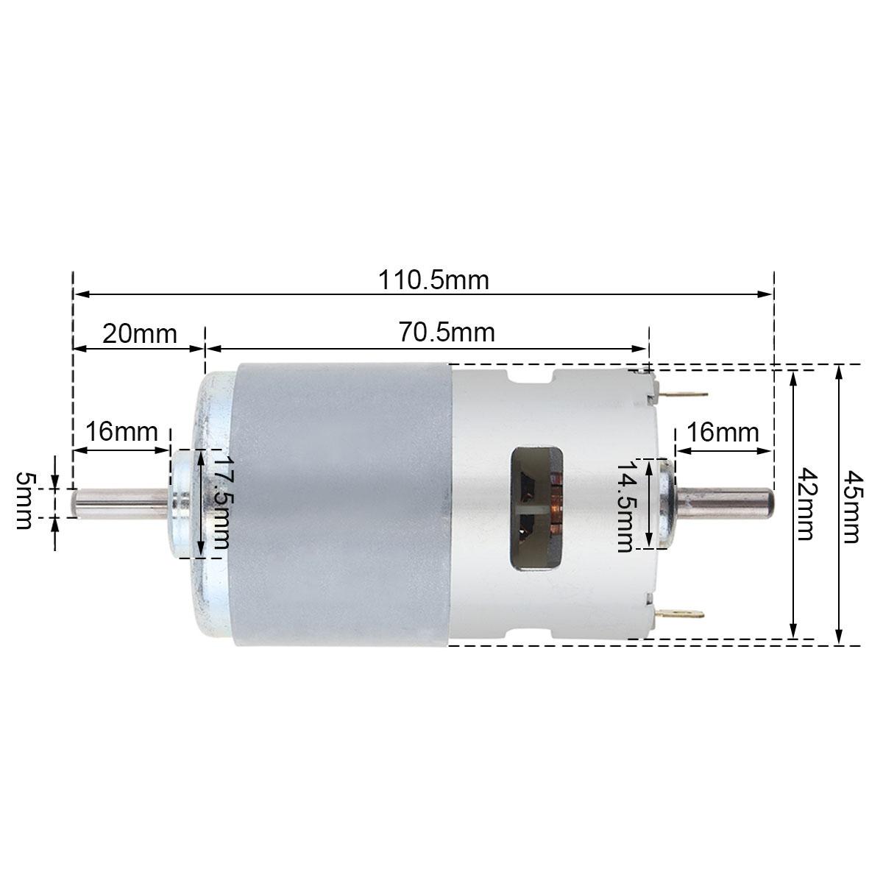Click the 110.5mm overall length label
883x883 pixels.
coord(433,280)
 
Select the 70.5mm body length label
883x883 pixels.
coord(447,333)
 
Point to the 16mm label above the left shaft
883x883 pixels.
coord(121,431)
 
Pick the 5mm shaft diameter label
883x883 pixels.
coord(24,500)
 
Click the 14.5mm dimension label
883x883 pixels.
coord(625,506)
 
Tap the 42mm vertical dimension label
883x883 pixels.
coord(806,504)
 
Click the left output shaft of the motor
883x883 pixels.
coord(118,504)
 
